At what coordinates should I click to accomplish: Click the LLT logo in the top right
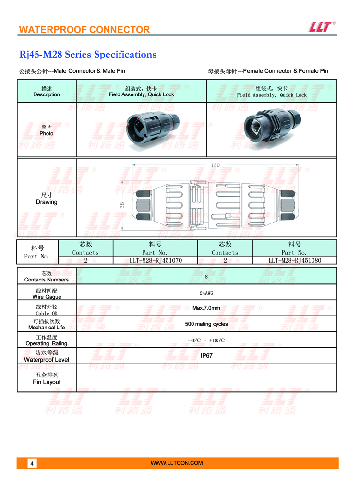click(x=322, y=27)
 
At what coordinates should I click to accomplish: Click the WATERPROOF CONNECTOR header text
click(x=84, y=30)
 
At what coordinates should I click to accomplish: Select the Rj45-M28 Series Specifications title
click(x=88, y=55)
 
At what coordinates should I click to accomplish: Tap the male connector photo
click(x=152, y=129)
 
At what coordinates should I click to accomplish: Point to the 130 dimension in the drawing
click(x=215, y=165)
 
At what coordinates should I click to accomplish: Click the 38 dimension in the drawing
click(x=122, y=205)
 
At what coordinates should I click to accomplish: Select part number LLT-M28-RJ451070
click(x=156, y=260)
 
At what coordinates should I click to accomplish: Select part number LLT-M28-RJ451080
click(x=295, y=260)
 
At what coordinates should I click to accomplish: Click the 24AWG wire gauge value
click(x=206, y=293)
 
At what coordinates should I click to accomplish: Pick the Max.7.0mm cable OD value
click(x=206, y=308)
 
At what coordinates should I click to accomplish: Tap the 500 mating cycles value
click(x=206, y=324)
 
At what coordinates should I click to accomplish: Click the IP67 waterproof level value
click(x=206, y=355)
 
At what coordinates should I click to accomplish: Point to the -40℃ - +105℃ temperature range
click(x=206, y=340)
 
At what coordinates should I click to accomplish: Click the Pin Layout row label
click(x=47, y=378)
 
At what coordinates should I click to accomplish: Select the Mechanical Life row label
click(x=47, y=325)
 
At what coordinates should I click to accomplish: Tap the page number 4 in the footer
click(x=32, y=463)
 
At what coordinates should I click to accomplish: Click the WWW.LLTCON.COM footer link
click(x=177, y=463)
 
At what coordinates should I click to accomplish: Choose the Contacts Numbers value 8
click(x=206, y=277)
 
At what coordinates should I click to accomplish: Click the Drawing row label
click(x=47, y=199)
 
